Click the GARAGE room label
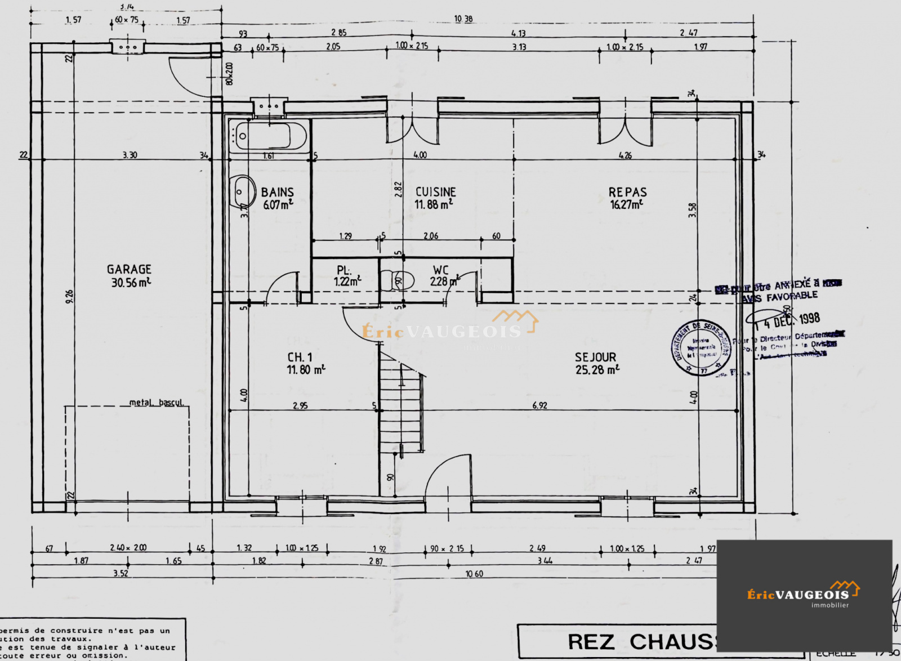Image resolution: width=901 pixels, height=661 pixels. tap(129, 269)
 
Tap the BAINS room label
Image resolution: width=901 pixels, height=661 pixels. tap(277, 193)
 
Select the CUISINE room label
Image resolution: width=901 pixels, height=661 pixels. tap(435, 192)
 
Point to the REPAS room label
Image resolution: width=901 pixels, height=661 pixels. tap(627, 192)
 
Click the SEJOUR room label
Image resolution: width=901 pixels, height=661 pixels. tap(595, 357)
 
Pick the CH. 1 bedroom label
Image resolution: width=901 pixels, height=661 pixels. tap(300, 357)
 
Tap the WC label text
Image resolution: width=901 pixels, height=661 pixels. tap(440, 270)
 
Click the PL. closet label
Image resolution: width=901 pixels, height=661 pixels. tap(344, 270)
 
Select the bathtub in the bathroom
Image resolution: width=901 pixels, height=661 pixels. tap(269, 136)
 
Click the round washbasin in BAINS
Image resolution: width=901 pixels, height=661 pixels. tap(243, 191)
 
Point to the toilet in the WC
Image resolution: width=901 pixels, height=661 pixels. tap(397, 280)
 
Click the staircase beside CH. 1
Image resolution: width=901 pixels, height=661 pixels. tap(401, 405)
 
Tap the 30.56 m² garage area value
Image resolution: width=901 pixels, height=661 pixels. tap(131, 283)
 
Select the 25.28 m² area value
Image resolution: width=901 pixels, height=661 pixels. tap(597, 370)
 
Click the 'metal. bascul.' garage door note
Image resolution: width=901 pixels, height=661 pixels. tap(157, 402)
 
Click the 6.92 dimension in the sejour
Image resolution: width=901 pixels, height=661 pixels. tap(539, 405)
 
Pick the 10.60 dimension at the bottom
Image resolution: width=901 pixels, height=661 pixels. tap(474, 573)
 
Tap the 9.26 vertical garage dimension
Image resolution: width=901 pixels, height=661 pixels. tap(69, 297)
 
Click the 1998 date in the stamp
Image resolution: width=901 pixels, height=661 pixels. tap(809, 319)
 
